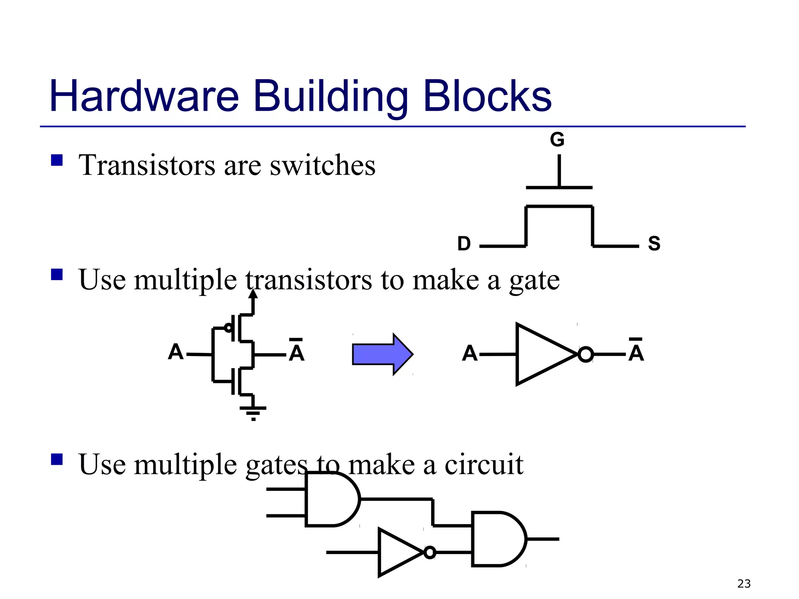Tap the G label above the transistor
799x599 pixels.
point(557,139)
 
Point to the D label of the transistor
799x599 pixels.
point(464,244)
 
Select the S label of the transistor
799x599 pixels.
point(654,244)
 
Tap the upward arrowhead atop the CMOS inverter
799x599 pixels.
point(253,294)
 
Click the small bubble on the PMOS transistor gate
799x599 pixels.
point(228,328)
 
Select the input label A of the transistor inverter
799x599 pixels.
point(176,352)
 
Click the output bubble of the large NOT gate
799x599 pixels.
point(585,354)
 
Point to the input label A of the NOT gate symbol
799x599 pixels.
point(470,353)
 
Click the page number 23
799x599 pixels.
point(744,584)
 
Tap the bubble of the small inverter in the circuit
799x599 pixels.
point(430,552)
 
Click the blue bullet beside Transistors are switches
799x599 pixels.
point(57,160)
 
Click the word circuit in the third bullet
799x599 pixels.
point(484,465)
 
